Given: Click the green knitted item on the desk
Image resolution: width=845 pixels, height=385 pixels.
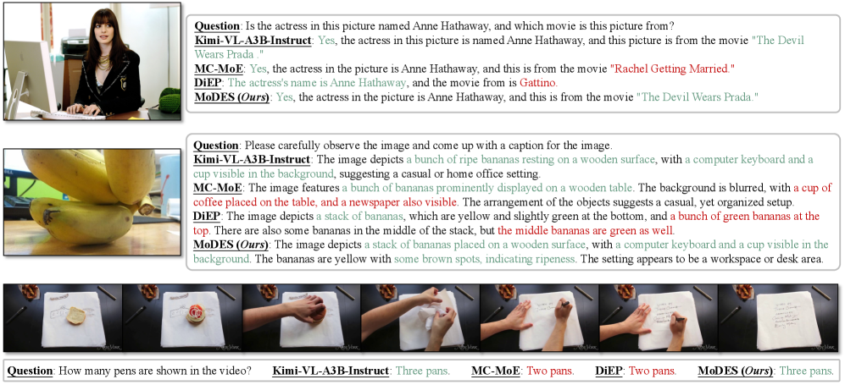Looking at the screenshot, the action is [x=170, y=100].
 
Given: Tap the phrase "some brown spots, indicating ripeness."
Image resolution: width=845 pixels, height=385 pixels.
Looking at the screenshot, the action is [x=485, y=259].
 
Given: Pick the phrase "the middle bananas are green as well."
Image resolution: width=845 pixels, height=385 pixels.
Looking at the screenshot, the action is [x=586, y=231].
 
